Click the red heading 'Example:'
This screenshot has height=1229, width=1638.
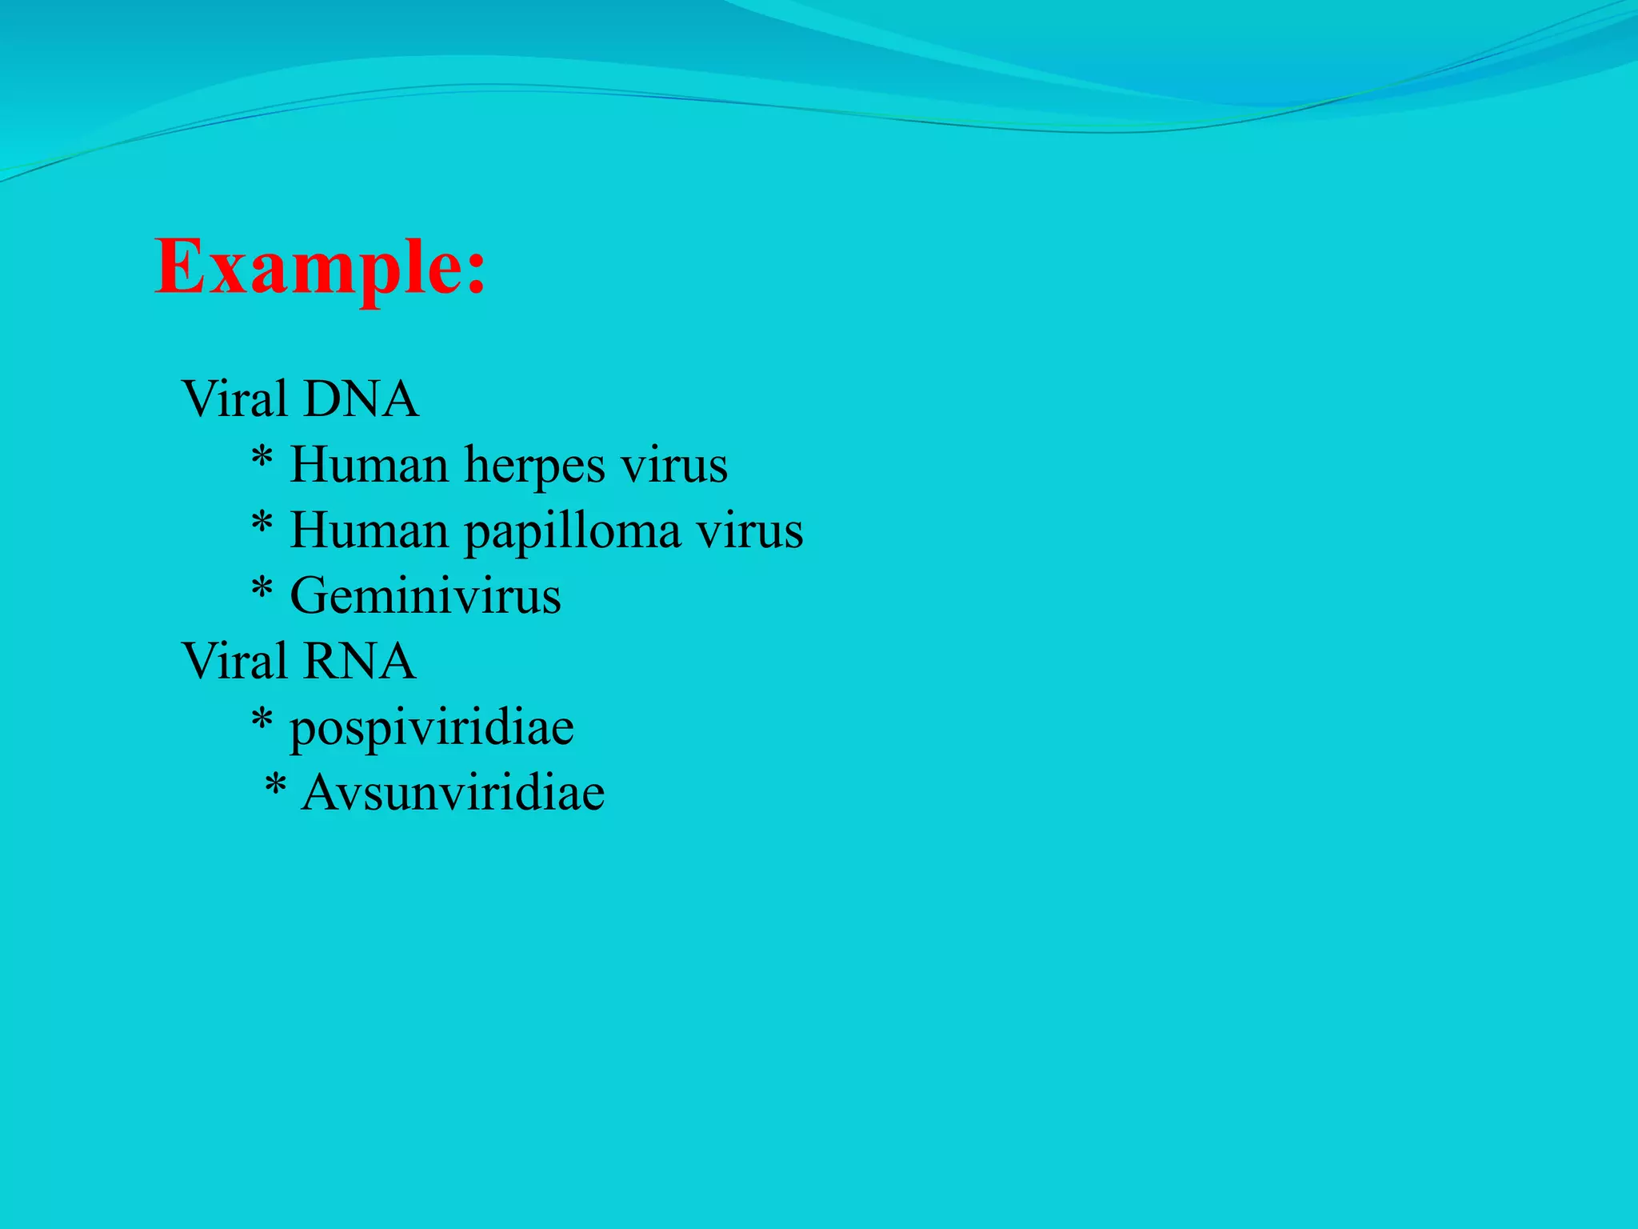(320, 267)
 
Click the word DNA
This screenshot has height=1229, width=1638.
(361, 398)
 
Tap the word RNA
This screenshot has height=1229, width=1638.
(359, 661)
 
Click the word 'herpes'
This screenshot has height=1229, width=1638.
(535, 464)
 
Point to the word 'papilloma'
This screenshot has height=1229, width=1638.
(573, 531)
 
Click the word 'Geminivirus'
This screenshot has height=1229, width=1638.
(425, 596)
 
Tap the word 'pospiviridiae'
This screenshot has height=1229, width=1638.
(432, 728)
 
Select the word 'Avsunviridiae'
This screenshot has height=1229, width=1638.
(453, 793)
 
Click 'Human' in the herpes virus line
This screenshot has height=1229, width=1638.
(369, 464)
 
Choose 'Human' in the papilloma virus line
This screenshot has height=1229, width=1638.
(369, 530)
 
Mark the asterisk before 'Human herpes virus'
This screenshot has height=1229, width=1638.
(262, 458)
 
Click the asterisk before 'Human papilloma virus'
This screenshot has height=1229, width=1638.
(262, 524)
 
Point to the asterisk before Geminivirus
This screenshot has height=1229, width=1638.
(262, 590)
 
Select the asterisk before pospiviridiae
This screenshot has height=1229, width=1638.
(262, 721)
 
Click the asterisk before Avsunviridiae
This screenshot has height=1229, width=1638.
(275, 787)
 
